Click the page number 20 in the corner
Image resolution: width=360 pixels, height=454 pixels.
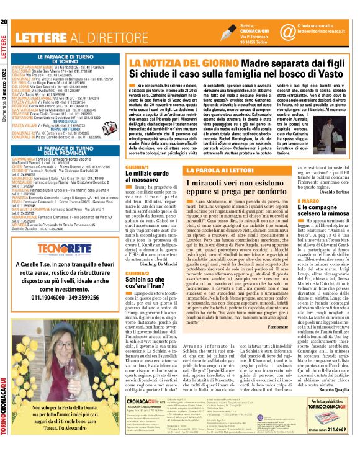pos(4,5)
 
